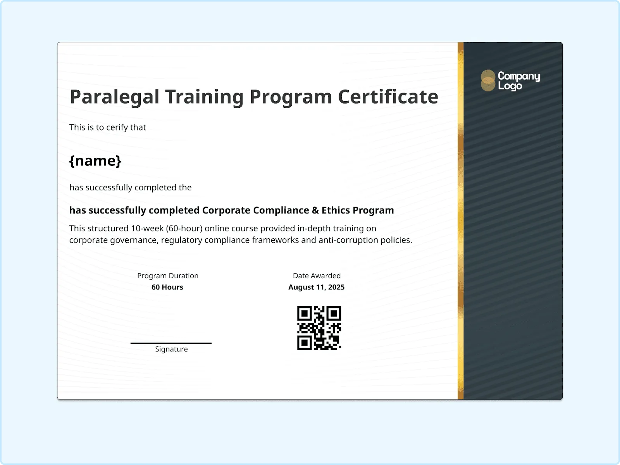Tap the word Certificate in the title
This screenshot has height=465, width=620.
coord(388,97)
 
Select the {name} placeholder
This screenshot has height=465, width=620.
coord(95,161)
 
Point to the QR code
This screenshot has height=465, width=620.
coord(319,328)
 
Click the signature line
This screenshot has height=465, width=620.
coord(171,343)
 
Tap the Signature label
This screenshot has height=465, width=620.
coord(171,349)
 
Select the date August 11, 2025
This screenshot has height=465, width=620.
coord(316,287)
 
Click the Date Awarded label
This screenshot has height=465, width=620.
coord(317,276)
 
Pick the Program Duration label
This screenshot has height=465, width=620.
coord(168,276)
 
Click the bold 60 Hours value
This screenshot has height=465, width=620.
coord(167,287)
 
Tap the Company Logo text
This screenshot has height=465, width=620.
coord(518,81)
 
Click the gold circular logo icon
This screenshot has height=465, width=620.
coord(488,81)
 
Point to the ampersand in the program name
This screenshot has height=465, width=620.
coord(315,210)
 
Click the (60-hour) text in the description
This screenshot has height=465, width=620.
coord(184,228)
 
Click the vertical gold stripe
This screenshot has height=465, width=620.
coord(460,221)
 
